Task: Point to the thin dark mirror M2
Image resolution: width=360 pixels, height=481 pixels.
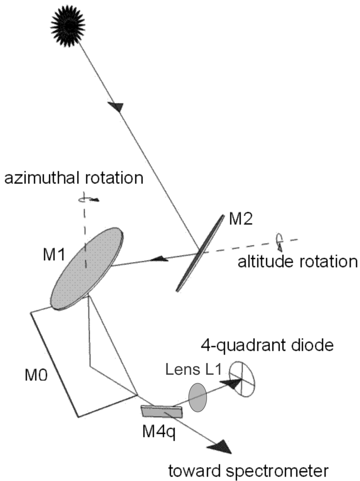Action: pyautogui.click(x=200, y=253)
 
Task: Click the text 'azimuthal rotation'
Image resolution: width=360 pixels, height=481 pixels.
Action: pyautogui.click(x=73, y=179)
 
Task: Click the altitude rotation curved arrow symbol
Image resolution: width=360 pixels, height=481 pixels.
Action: pyautogui.click(x=279, y=240)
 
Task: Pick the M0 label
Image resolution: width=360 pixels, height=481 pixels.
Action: pyautogui.click(x=36, y=373)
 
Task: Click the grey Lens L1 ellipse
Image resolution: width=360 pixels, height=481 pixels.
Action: pyautogui.click(x=197, y=397)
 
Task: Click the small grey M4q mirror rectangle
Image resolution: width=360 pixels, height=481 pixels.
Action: pyautogui.click(x=162, y=412)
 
